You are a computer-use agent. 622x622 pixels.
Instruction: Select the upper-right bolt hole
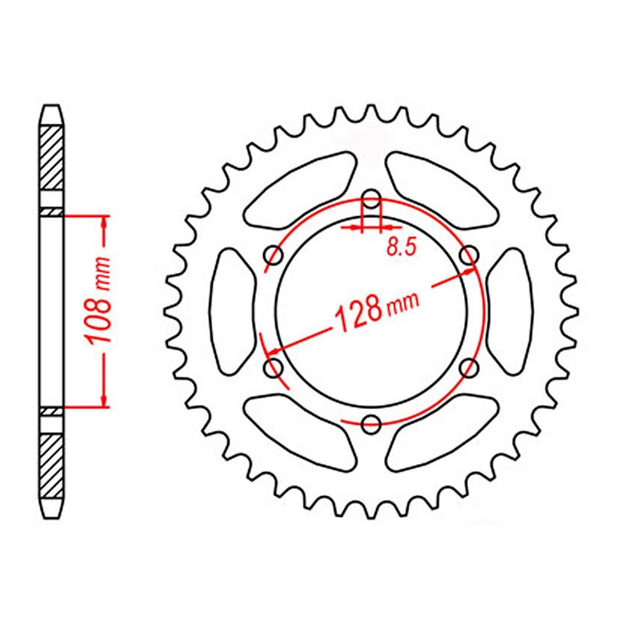(x=469, y=254)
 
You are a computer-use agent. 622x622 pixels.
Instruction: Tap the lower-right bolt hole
(x=469, y=366)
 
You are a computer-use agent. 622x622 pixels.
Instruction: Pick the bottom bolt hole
(x=372, y=423)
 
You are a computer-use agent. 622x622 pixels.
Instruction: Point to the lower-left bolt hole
(x=274, y=366)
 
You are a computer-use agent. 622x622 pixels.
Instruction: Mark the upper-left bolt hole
(x=274, y=254)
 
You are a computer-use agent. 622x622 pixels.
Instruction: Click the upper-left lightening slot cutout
(x=299, y=190)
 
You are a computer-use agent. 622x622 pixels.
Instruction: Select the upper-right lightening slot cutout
(x=442, y=190)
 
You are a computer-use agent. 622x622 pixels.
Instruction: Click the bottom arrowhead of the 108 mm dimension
(x=103, y=400)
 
